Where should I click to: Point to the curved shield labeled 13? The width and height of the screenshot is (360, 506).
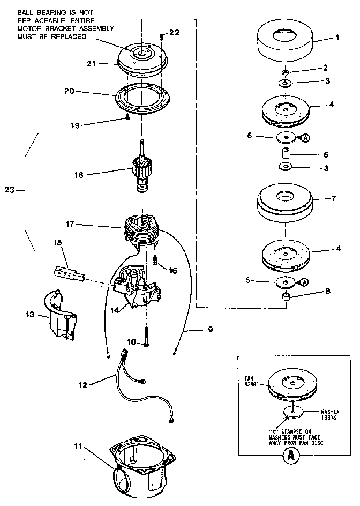point(59,317)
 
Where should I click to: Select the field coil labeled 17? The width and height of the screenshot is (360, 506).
point(144,231)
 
